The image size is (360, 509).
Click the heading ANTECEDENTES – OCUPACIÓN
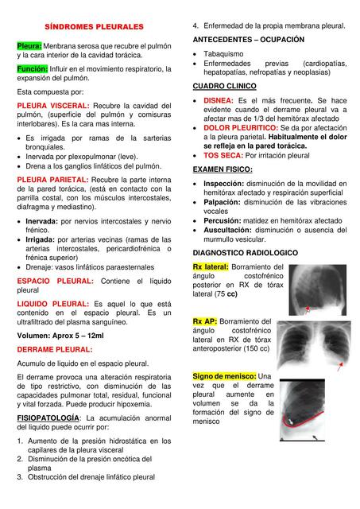248,39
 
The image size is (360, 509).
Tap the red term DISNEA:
219,101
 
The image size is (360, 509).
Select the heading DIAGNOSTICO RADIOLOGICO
246,252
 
